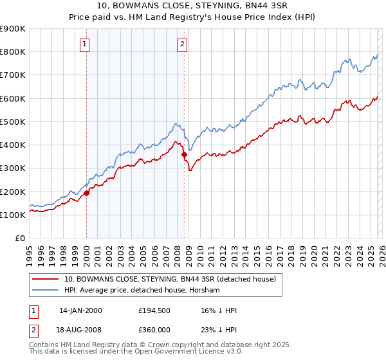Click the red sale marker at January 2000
click(86, 193)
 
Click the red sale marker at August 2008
click(184, 154)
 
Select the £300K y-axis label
click(13, 168)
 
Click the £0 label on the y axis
click(20, 239)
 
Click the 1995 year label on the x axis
click(30, 254)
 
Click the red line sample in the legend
click(46, 279)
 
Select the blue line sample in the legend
click(46, 290)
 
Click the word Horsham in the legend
click(205, 290)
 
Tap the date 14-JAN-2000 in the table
click(80, 310)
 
